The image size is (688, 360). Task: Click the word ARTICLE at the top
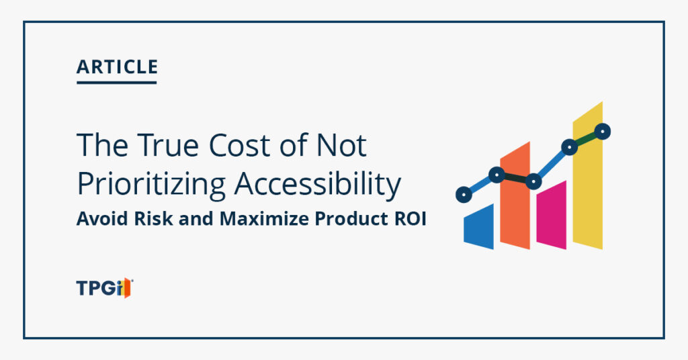click(x=117, y=67)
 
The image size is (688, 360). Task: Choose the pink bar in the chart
click(x=552, y=216)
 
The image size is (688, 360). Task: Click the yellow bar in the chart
click(x=588, y=181)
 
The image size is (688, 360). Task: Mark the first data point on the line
click(x=462, y=195)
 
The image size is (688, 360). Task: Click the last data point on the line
click(x=603, y=132)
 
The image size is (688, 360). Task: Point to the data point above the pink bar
click(x=533, y=181)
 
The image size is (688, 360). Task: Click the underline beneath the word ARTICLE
click(x=117, y=83)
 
